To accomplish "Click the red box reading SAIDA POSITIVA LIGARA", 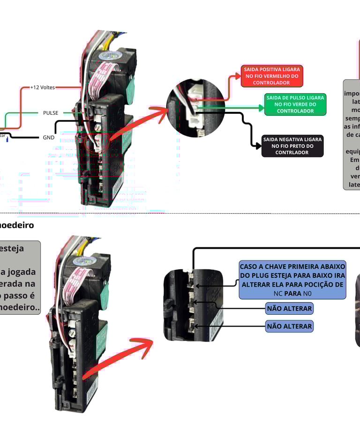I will pos(272,76).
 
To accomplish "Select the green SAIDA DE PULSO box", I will pos(295,104).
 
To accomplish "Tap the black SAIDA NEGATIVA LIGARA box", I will pos(292,146).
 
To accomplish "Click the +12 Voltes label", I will pos(42,87).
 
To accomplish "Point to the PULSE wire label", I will pos(51,113).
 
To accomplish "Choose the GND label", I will pos(49,137).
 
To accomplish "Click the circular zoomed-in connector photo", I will pos(195,108).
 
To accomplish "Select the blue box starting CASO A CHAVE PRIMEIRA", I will pos(292,280).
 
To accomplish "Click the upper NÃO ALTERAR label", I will pos(289,308).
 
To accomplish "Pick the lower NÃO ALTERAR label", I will pos(289,326).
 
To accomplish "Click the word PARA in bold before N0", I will pos(292,294).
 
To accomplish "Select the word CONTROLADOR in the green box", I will pos(295,111).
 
